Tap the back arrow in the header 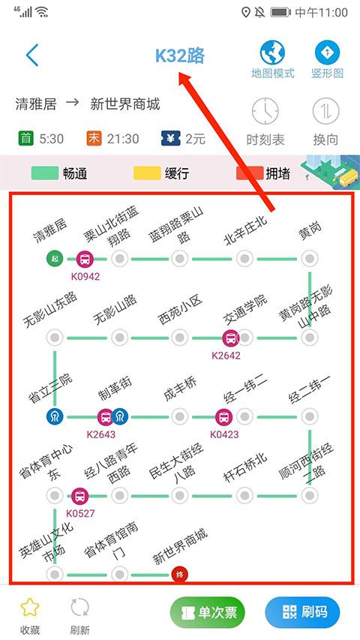(31, 56)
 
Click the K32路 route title (180, 56)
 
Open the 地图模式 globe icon (272, 53)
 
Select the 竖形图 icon (327, 53)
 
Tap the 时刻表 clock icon (265, 112)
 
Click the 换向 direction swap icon (327, 112)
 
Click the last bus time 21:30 (122, 139)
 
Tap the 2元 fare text (195, 139)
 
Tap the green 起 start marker (54, 259)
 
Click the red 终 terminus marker (179, 575)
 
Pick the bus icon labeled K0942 (85, 260)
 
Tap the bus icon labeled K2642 (229, 338)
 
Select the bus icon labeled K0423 (223, 417)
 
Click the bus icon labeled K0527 (80, 496)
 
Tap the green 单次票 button (208, 612)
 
